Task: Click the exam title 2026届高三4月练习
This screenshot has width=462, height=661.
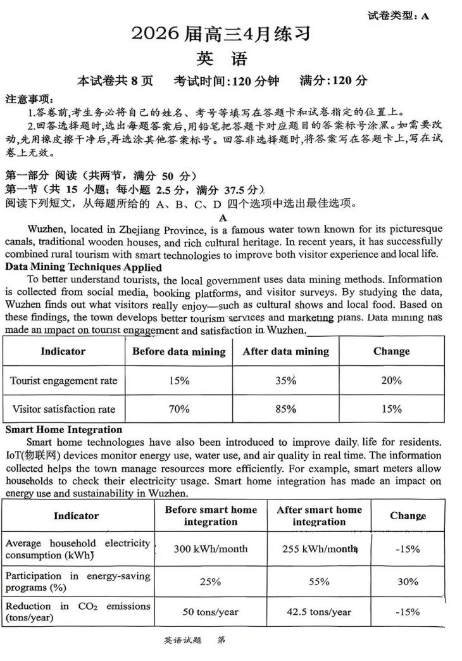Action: (x=221, y=34)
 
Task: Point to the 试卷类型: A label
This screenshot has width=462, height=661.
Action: (x=398, y=16)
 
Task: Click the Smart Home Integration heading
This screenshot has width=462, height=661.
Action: (x=64, y=429)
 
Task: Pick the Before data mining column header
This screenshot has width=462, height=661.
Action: (x=178, y=351)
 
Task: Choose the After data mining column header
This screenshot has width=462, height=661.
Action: (x=285, y=351)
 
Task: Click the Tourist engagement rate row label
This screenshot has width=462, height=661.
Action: (x=64, y=381)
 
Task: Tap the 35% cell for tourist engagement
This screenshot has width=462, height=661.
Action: (x=285, y=381)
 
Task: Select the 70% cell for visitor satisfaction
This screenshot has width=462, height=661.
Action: (x=179, y=409)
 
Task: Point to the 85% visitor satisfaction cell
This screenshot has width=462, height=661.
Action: (x=285, y=409)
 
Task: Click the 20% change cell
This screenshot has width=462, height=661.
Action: (x=391, y=381)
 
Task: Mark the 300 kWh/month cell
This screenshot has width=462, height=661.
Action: (x=211, y=549)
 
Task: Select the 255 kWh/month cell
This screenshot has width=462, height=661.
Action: (x=319, y=549)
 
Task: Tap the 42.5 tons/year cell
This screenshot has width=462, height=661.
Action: (x=319, y=612)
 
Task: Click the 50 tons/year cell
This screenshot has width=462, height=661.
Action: (x=211, y=612)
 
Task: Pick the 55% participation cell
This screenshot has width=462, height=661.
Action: (x=319, y=581)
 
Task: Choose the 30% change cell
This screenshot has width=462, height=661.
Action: (x=408, y=581)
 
